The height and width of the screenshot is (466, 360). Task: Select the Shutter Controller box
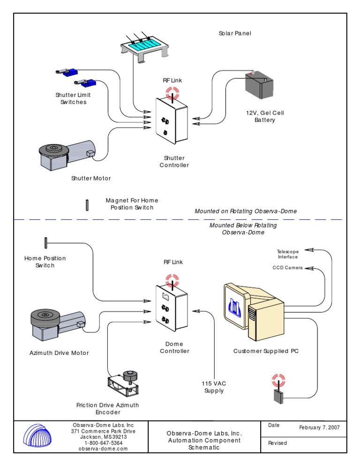[172, 121]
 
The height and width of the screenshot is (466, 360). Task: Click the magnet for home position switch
[87, 205]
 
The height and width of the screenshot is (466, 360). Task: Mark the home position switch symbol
[46, 243]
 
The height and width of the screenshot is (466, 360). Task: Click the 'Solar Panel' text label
[235, 33]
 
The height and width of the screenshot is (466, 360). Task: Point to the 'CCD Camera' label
[287, 268]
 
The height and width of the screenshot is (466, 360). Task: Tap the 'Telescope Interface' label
[287, 254]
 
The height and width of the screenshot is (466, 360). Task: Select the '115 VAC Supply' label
[214, 387]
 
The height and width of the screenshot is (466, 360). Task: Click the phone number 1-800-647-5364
[104, 443]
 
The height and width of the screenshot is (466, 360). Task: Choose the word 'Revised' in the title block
[277, 443]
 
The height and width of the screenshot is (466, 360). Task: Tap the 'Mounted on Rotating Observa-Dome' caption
[246, 211]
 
